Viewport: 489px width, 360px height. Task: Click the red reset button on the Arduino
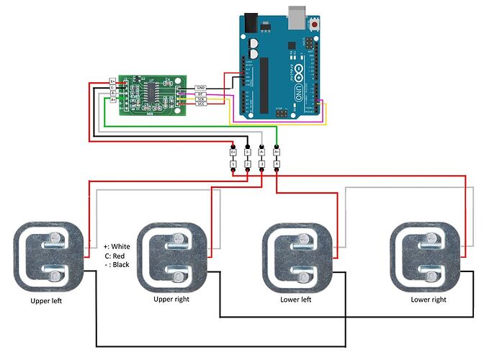tap(315, 24)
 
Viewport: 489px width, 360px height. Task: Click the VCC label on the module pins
tap(201, 104)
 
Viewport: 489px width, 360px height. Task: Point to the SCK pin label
tap(201, 98)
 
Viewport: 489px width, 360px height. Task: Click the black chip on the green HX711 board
tap(153, 91)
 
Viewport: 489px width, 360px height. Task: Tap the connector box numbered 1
tap(233, 165)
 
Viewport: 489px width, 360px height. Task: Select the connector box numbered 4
tap(277, 165)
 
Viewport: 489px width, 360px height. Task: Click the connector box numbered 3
tap(261, 165)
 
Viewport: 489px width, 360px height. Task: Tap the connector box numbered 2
tap(247, 165)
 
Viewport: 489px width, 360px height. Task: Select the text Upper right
tap(174, 299)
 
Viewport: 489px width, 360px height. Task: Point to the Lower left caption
tap(296, 299)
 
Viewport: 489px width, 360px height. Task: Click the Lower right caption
tap(428, 299)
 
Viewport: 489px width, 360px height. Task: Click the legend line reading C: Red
tap(117, 256)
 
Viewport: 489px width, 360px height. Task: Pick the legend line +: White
tap(117, 246)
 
